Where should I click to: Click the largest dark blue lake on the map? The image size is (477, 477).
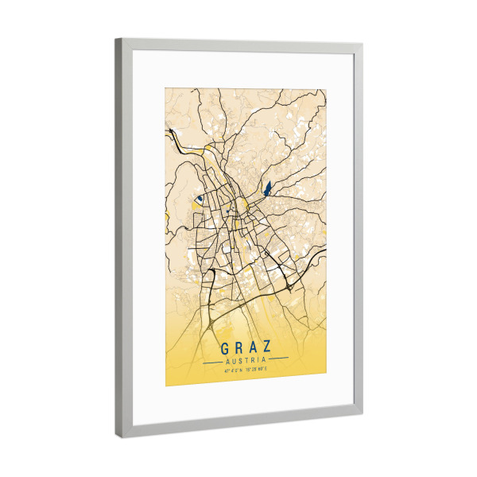(x=267, y=189)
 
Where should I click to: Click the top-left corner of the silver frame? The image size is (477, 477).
(x=118, y=40)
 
